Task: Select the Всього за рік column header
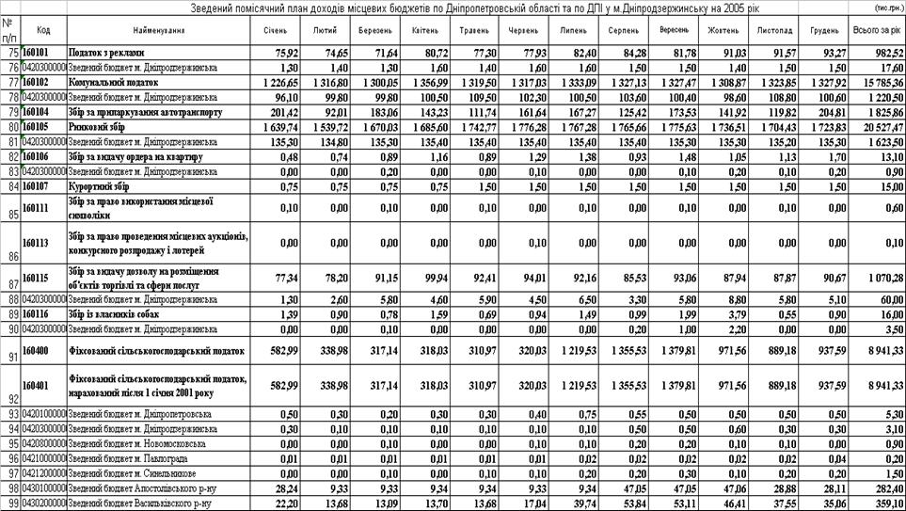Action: point(874,31)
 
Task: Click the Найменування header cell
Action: point(153,31)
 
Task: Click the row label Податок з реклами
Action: point(104,53)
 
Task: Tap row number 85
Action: point(10,214)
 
